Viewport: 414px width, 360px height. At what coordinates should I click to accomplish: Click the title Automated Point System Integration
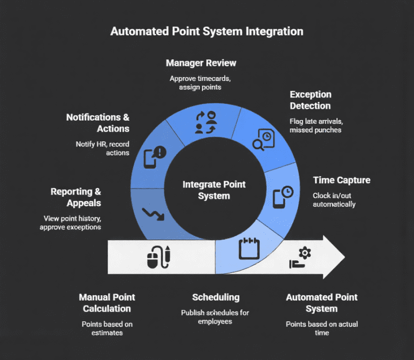coord(206,31)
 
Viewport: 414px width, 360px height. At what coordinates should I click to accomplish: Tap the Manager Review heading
coord(201,63)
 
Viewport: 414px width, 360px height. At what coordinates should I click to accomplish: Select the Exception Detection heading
coord(310,100)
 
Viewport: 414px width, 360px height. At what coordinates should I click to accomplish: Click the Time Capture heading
coord(341,180)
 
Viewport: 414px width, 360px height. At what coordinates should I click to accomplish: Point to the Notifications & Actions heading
coord(98,123)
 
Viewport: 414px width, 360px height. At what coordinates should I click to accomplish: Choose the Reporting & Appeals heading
coord(75,197)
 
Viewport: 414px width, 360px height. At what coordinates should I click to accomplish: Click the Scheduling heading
coord(215,297)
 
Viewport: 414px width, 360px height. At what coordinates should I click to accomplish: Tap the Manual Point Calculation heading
coord(107,303)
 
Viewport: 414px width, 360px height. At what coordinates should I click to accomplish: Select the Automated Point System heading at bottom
coord(321,303)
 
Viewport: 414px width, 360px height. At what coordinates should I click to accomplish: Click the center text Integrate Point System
coord(213,190)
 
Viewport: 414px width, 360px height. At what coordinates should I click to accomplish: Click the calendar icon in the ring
coord(249,249)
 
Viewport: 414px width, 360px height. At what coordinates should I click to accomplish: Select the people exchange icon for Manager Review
coord(205,122)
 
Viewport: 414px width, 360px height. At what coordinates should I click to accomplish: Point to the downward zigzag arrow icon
coord(153,213)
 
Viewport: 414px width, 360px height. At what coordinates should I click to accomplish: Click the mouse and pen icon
coord(159,257)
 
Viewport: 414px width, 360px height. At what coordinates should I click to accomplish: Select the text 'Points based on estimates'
coord(107,328)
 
